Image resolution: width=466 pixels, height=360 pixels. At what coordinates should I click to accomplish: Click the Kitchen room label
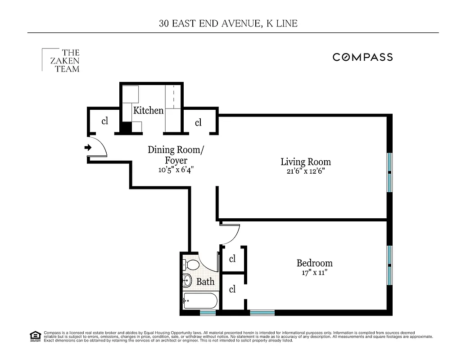point(148,110)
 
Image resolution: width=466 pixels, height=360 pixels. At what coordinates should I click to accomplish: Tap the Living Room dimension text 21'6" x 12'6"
point(306,171)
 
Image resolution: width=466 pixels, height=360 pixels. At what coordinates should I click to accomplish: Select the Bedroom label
point(314,263)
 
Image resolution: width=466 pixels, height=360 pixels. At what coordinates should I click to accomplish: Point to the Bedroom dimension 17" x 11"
point(314,273)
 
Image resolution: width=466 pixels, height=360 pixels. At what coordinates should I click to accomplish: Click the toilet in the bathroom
point(191,265)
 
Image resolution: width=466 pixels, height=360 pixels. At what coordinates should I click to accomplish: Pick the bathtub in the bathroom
point(200,300)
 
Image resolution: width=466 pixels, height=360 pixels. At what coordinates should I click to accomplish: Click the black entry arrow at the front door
point(88,147)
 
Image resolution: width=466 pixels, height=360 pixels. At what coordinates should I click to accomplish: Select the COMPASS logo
point(362,57)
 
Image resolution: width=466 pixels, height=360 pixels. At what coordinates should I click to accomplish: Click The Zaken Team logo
point(61,61)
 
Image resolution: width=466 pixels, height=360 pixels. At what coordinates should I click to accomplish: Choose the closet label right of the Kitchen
point(198,122)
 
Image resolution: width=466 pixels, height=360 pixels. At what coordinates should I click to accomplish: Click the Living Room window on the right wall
point(389,172)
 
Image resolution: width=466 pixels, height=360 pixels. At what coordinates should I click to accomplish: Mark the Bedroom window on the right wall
point(389,265)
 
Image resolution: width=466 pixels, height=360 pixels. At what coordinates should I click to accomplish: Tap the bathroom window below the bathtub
point(208,312)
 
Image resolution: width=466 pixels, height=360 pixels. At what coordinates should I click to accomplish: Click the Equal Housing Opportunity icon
point(35,336)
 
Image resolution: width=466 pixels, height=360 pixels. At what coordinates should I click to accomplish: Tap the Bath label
point(205,282)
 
